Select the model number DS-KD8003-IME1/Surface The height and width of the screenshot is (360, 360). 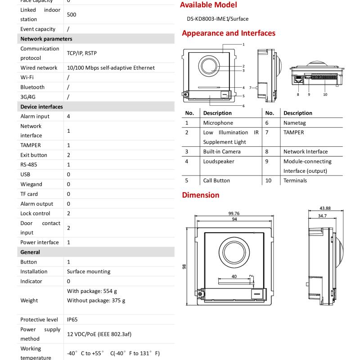(218, 19)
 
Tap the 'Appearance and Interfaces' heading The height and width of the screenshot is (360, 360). (228, 33)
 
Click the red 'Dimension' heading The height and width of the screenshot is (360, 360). (201, 195)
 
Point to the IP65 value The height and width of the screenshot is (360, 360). (72, 319)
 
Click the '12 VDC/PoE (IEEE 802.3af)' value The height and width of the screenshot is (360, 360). (99, 334)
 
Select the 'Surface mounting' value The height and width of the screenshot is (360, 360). (89, 271)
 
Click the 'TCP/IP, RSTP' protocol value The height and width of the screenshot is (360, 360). (82, 53)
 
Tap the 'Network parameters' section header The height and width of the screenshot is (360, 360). (46, 39)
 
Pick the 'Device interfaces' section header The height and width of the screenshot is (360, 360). (42, 107)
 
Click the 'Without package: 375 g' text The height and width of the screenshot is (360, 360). (96, 300)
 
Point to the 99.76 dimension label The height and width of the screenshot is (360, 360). (234, 213)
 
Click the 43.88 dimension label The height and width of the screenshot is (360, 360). (325, 208)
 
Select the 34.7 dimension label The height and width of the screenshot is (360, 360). (323, 216)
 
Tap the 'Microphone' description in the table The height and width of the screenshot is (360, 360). (218, 123)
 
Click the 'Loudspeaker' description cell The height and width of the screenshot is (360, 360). (219, 161)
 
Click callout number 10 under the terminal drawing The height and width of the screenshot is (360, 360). (325, 94)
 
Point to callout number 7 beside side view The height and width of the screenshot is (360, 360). (250, 87)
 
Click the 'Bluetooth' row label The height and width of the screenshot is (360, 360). (32, 87)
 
